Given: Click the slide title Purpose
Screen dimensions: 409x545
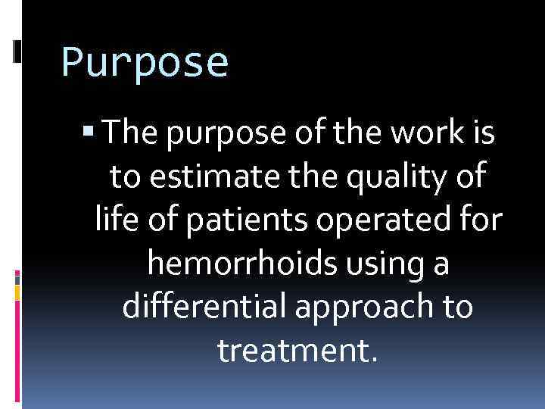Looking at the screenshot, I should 144,62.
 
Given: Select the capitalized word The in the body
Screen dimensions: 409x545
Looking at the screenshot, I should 129,134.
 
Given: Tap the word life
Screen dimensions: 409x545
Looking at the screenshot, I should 114,220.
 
